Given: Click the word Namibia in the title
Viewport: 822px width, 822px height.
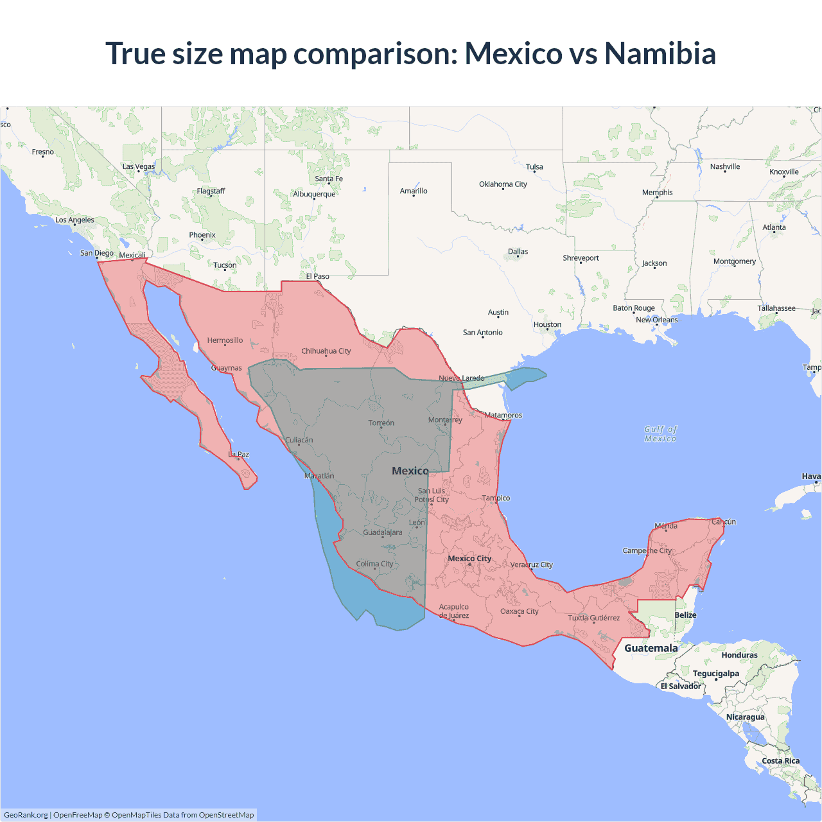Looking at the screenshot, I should [660, 53].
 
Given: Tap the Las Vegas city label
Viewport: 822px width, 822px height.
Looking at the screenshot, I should [139, 166].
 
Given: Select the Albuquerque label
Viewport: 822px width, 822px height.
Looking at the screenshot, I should [314, 194].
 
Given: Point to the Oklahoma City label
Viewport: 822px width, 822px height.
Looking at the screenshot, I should [503, 184].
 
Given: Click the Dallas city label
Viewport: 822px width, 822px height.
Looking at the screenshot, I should [518, 252].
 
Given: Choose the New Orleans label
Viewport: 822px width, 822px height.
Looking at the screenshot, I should [656, 320].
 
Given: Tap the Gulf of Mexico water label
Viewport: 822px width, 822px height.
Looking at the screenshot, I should [660, 434].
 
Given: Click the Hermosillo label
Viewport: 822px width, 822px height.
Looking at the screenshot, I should [225, 340].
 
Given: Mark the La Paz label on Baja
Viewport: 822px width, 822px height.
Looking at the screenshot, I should [239, 455].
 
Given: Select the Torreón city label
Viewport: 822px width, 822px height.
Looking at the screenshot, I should [381, 423].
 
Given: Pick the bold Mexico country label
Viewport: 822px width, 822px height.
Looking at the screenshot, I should [410, 471].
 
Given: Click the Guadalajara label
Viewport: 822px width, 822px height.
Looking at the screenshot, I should [383, 532].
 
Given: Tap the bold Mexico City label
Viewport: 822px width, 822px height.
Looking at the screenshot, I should [469, 559].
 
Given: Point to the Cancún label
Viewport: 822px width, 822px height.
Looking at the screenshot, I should [724, 522].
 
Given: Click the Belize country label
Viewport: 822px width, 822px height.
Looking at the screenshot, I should [685, 615].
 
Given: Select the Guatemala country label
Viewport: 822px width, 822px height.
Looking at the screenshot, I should [651, 648].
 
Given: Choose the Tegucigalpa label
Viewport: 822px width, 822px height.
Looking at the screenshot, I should [715, 674].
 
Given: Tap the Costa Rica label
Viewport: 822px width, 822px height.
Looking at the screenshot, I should [780, 761].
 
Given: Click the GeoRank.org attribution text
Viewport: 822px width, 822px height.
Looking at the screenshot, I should [26, 815].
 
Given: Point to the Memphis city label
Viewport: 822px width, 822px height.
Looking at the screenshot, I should [657, 193].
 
